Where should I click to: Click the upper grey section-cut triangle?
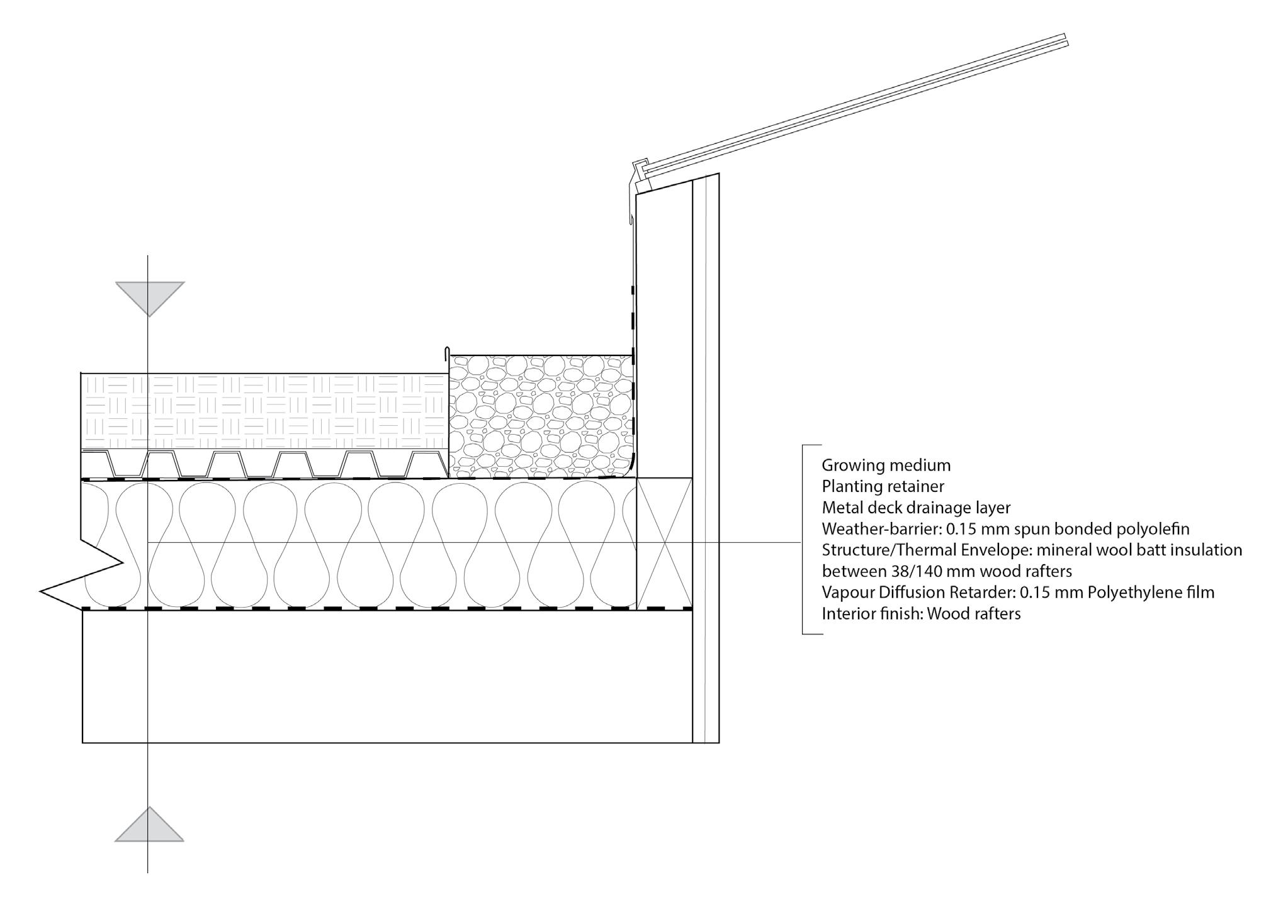click(x=150, y=296)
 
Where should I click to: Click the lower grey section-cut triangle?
click(x=149, y=827)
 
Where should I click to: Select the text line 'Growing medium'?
click(x=886, y=465)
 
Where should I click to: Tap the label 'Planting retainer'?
click(x=883, y=486)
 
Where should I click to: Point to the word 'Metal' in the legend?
click(x=842, y=508)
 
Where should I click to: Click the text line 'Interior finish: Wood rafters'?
click(x=921, y=614)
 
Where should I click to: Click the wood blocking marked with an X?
click(x=664, y=543)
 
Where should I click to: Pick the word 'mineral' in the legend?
click(x=1061, y=550)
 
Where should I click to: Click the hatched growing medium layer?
click(x=264, y=412)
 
